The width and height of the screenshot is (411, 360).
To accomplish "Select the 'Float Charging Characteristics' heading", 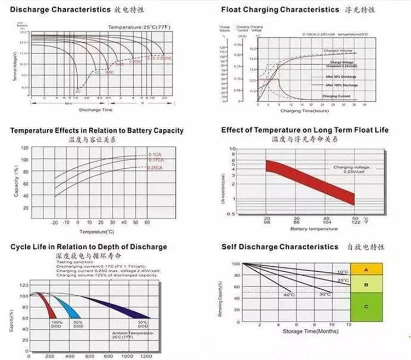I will [280, 9].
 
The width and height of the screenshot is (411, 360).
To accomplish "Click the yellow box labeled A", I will [366, 269].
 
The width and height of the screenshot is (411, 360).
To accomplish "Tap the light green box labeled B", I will [366, 284].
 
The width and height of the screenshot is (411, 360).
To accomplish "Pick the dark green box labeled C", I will [366, 306].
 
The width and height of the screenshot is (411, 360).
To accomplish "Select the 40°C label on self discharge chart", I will [288, 295].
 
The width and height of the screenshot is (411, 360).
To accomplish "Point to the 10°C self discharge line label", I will [342, 272].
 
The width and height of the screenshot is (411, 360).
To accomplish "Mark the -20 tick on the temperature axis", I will [54, 222].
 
